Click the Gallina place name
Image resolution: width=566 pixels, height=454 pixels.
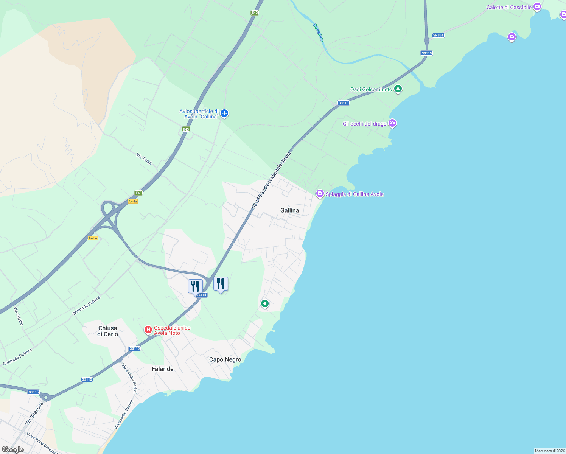[x=289, y=210]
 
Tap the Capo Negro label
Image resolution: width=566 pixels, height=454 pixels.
[x=225, y=359]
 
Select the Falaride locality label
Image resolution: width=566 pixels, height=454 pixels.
[x=162, y=369]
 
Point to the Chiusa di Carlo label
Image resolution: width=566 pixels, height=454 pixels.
[x=107, y=331]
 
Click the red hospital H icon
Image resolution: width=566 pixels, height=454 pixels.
[x=148, y=330]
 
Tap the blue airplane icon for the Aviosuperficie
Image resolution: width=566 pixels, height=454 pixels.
[x=225, y=113]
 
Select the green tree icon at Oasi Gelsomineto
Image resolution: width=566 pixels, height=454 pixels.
[x=398, y=89]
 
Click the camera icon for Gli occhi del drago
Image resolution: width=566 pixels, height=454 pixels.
[x=392, y=123]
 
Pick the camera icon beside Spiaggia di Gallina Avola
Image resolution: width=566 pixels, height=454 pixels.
[x=320, y=194]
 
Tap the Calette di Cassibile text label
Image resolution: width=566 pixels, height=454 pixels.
[x=509, y=7]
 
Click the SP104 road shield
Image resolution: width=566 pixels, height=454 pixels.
[x=438, y=35]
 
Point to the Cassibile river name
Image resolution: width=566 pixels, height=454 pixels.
[x=319, y=33]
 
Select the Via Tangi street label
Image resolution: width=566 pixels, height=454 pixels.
[x=144, y=159]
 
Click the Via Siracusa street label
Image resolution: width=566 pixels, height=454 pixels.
[x=34, y=414]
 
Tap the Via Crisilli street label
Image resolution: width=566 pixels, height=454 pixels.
[x=19, y=316]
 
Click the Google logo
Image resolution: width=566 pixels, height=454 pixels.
[x=12, y=449]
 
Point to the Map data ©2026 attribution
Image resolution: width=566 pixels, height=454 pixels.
[x=550, y=451]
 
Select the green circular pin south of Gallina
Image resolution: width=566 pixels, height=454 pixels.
[x=265, y=303]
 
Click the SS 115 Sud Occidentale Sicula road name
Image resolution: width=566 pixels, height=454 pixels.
[x=272, y=180]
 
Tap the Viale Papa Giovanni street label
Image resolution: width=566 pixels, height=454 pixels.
[x=42, y=443]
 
